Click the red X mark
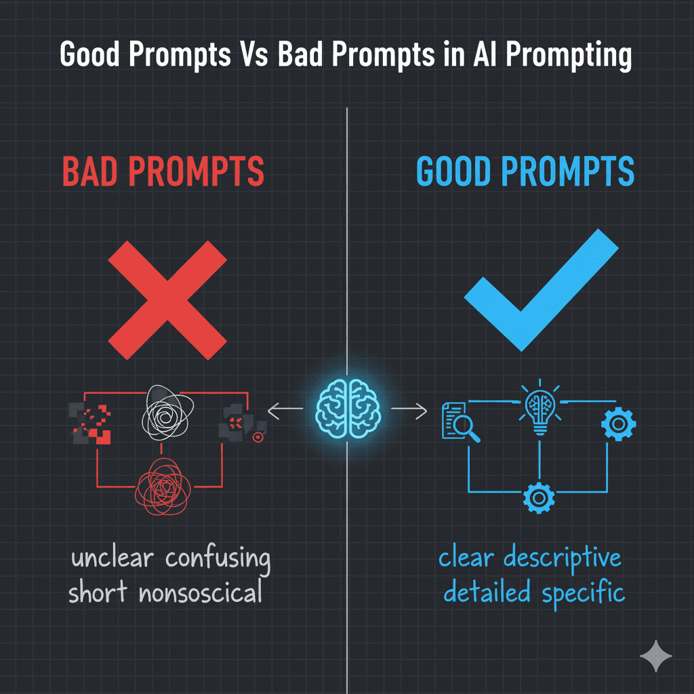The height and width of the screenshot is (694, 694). click(167, 300)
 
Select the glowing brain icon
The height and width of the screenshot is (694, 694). click(348, 409)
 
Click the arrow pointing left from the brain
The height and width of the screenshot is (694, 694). click(285, 411)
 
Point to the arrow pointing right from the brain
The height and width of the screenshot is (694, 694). click(409, 411)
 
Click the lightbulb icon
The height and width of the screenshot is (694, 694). click(539, 407)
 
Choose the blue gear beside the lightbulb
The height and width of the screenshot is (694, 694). click(619, 424)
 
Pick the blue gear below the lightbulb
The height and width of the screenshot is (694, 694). click(539, 498)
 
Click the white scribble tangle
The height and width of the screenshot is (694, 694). click(167, 413)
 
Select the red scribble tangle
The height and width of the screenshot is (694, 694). click(163, 487)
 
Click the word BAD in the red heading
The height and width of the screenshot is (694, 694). click(90, 171)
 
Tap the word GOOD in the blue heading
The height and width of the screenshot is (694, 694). click(453, 171)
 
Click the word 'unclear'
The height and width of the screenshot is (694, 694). click(113, 558)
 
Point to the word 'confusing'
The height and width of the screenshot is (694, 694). click(218, 560)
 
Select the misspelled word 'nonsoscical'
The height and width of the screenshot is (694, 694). click(201, 593)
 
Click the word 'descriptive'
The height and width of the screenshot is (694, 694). click(563, 559)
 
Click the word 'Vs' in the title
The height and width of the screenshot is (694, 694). click(254, 54)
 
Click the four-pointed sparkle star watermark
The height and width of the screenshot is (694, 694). click(656, 656)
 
